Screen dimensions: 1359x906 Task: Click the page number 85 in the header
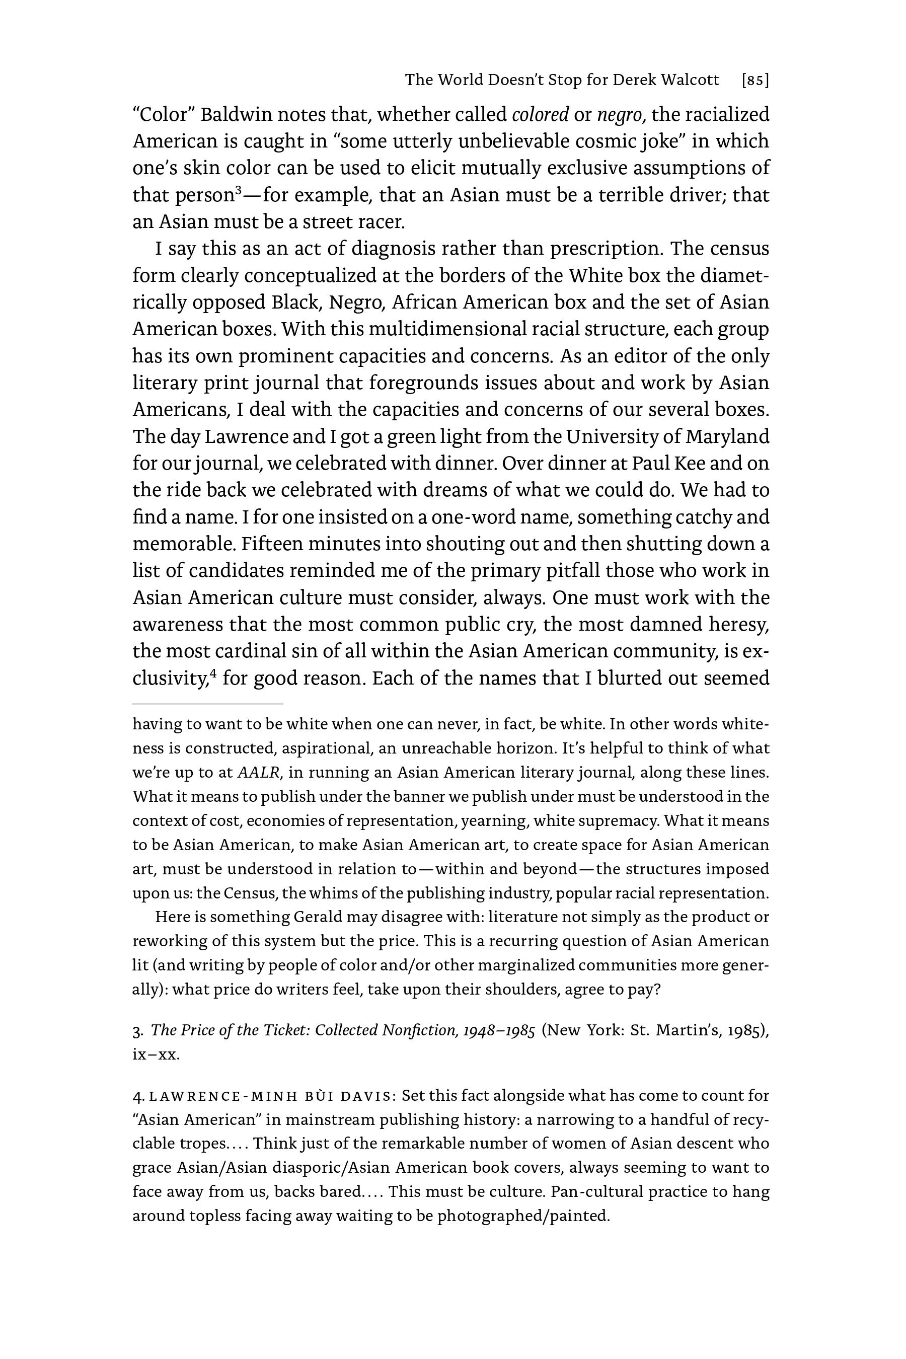pyautogui.click(x=755, y=81)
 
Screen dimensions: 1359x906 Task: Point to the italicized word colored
pyautogui.click(x=540, y=115)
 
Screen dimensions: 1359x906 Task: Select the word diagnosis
pyautogui.click(x=394, y=249)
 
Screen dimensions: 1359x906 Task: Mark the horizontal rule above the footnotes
pyautogui.click(x=207, y=704)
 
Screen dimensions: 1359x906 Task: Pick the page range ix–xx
pyautogui.click(x=156, y=1054)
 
